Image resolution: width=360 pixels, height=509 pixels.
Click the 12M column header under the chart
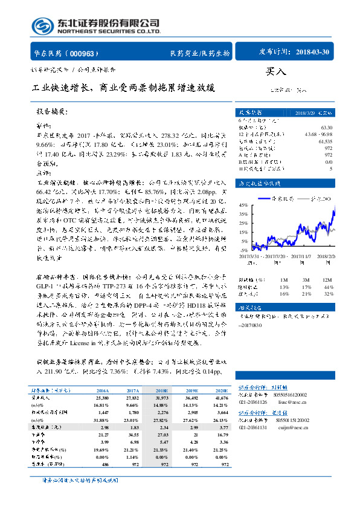pyautogui.click(x=327, y=279)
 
